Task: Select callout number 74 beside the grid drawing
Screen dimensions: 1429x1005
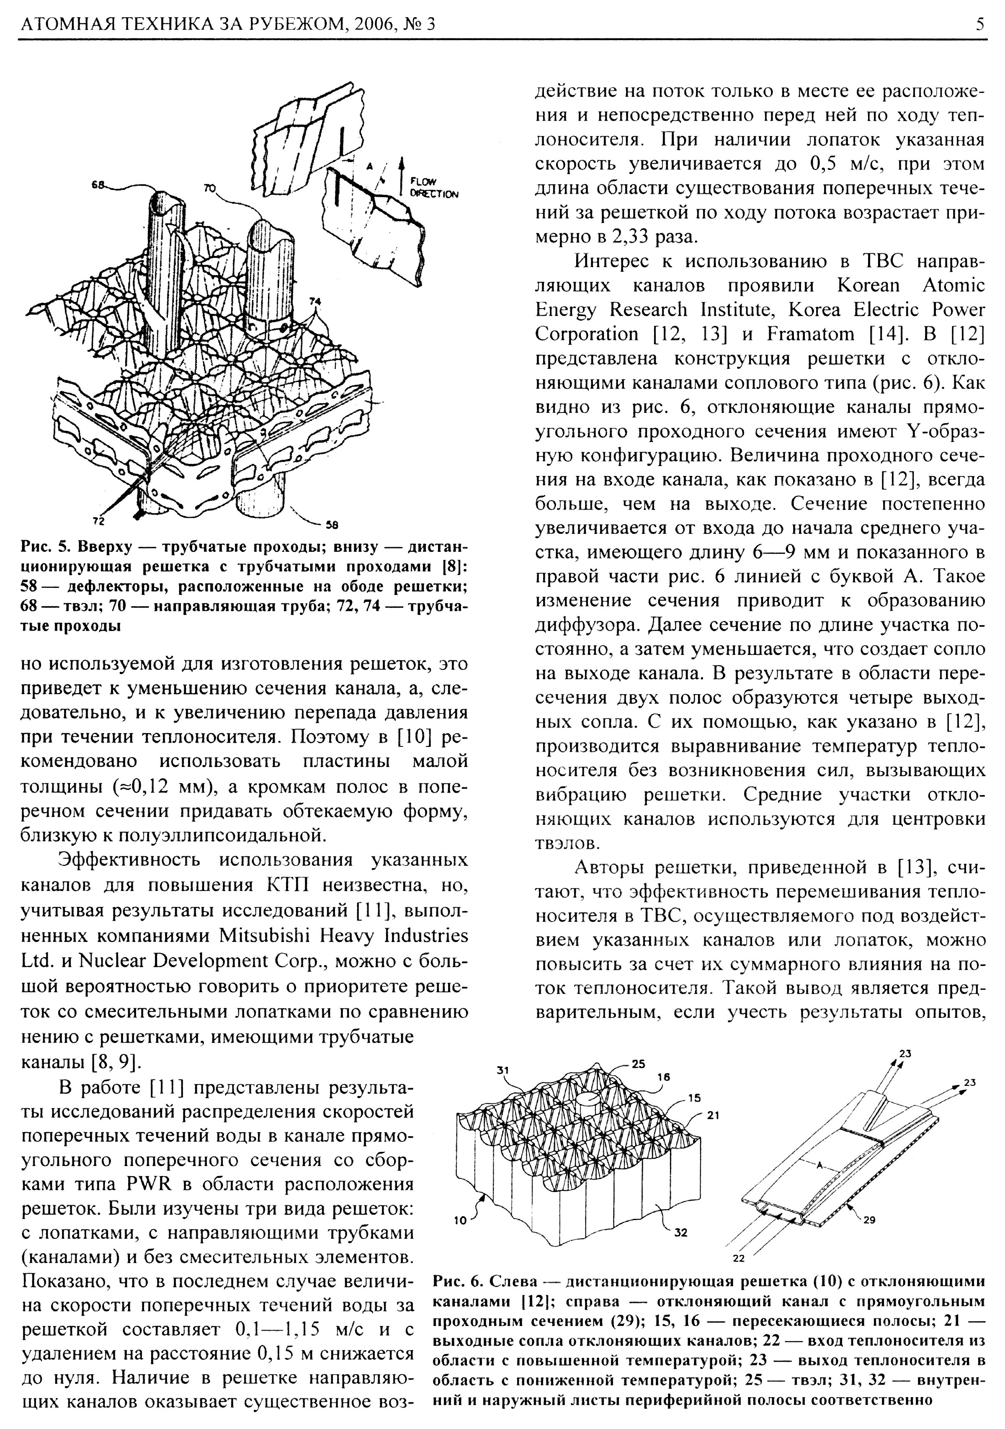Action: (x=315, y=301)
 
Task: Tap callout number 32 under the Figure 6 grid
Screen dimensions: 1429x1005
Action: (x=681, y=1232)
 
